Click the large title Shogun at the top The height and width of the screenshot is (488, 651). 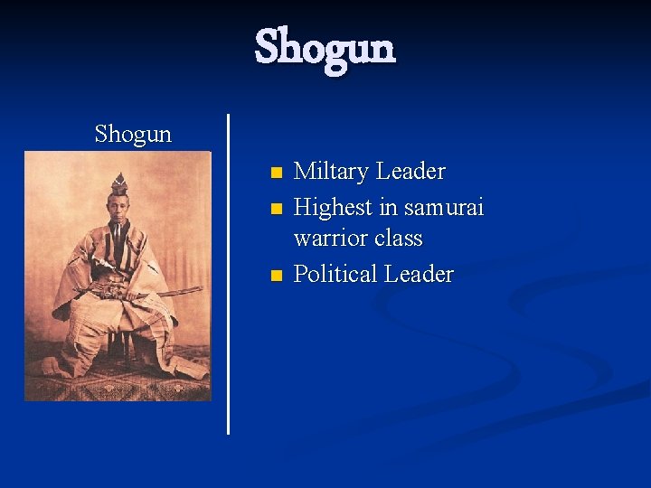click(325, 47)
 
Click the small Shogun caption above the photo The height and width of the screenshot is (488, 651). click(133, 135)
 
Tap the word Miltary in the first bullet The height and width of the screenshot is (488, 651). click(332, 172)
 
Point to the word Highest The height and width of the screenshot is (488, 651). click(334, 208)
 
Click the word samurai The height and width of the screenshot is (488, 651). click(444, 208)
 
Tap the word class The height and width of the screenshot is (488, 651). click(399, 239)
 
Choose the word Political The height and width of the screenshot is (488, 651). click(335, 274)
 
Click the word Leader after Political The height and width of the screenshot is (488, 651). click(419, 274)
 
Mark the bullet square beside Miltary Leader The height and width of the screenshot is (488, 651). click(277, 172)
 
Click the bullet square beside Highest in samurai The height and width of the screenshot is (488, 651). click(277, 208)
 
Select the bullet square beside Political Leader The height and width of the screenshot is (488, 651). click(277, 274)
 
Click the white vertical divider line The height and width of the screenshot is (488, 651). click(228, 271)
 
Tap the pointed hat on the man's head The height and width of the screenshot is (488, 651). click(118, 183)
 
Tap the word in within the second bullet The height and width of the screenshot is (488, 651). click(389, 208)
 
